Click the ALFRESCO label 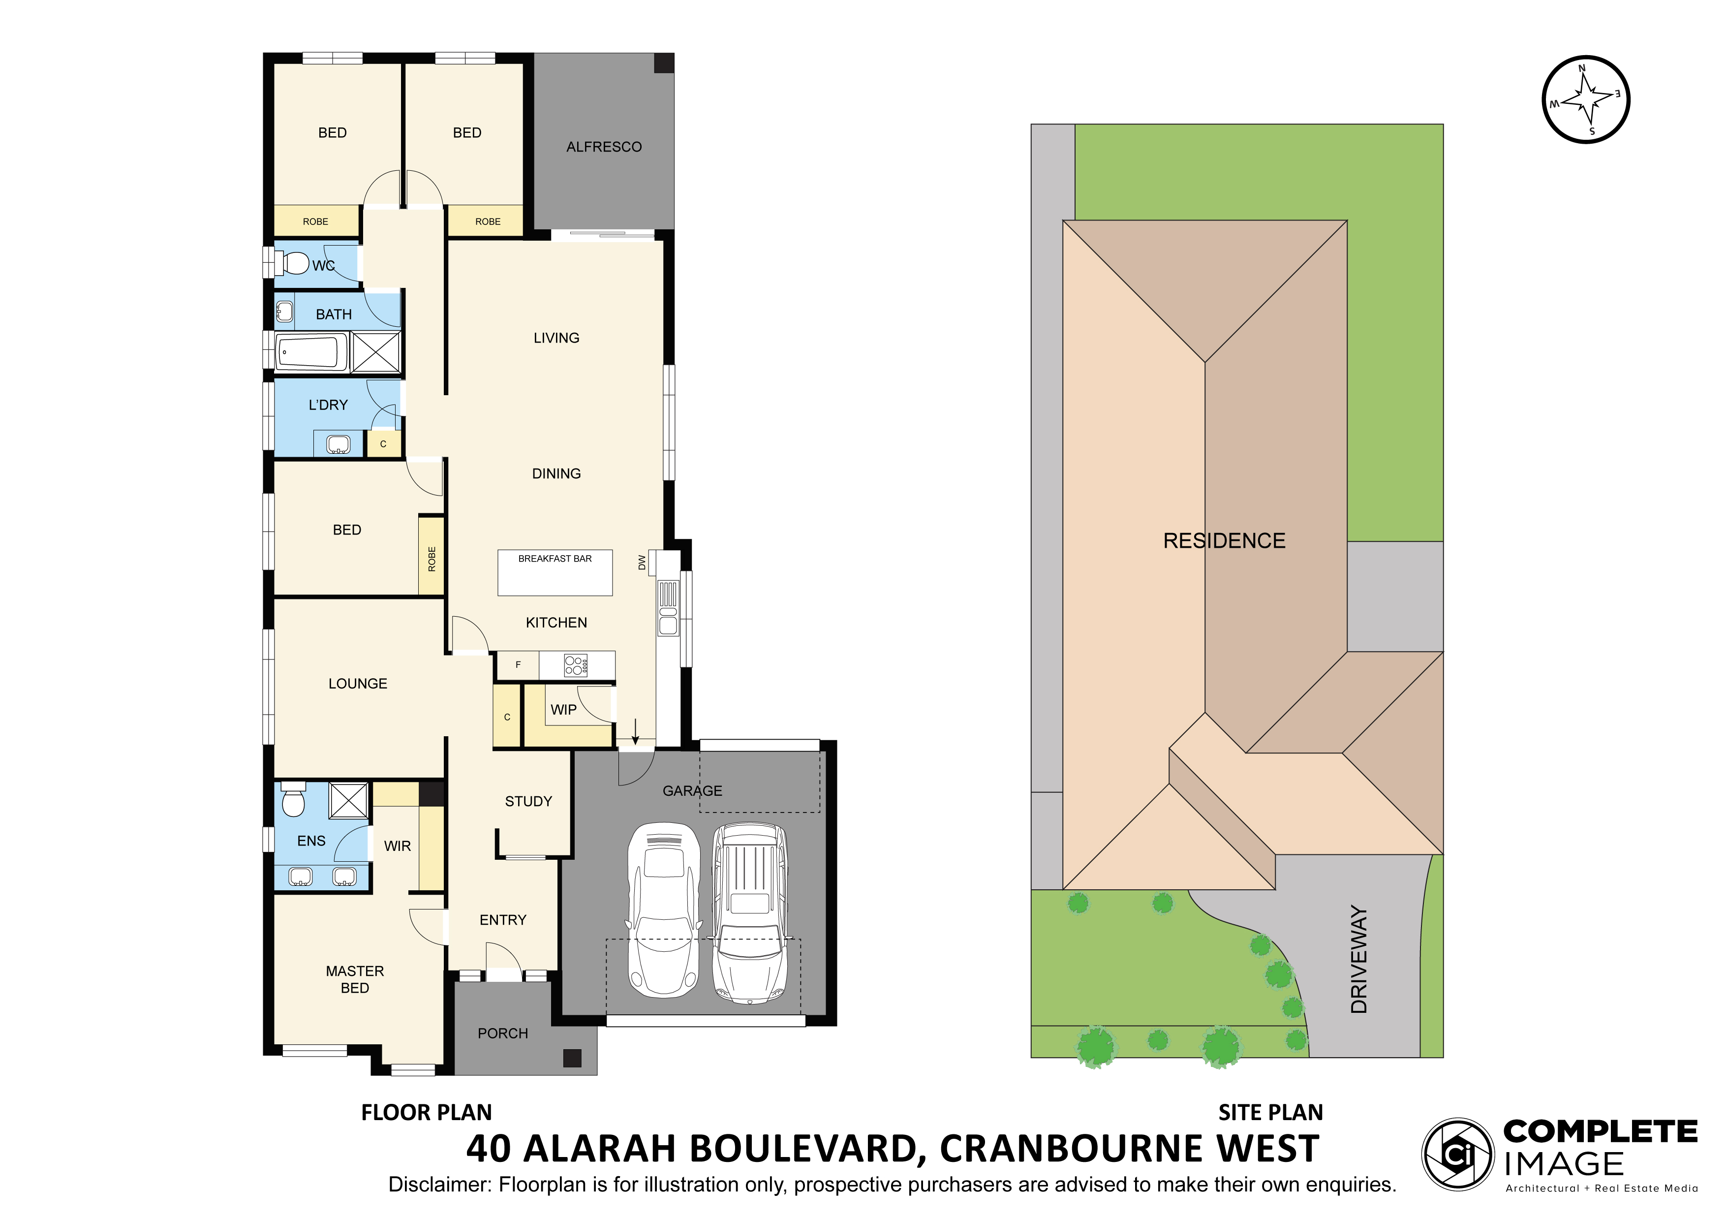click(x=604, y=147)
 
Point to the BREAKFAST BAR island click(x=555, y=573)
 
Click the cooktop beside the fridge click(x=576, y=664)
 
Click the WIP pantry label click(x=564, y=710)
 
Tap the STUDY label click(x=528, y=802)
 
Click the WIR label click(x=398, y=846)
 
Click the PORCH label click(x=503, y=1034)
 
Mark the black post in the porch click(x=572, y=1059)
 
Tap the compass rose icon click(x=1586, y=99)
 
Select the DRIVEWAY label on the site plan click(x=1359, y=959)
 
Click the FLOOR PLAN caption click(x=426, y=1113)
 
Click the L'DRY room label click(x=329, y=405)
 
